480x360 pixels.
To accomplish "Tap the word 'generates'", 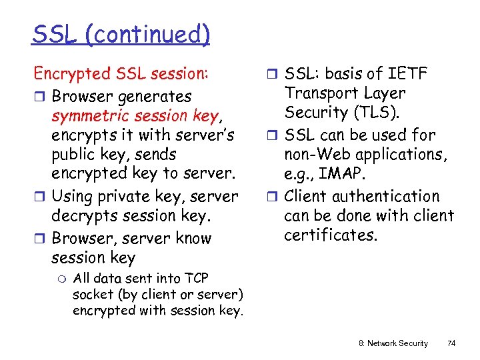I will (x=154, y=97).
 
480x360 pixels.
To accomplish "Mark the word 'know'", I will (x=195, y=238).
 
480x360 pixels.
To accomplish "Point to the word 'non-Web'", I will (x=316, y=154).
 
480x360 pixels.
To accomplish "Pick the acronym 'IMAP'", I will (x=343, y=173).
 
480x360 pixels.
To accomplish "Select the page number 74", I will (x=451, y=343).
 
